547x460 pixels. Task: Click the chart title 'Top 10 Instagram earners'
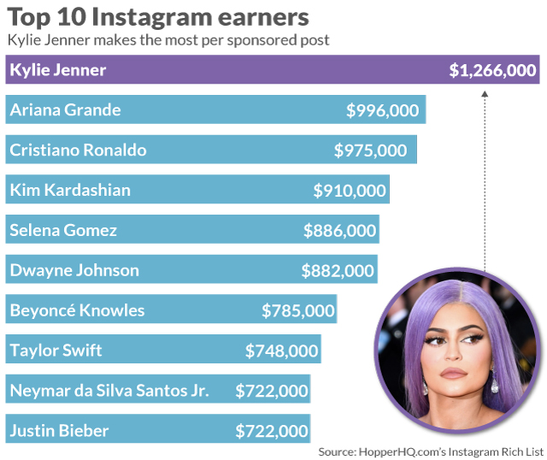[158, 17]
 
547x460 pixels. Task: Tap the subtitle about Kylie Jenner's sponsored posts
[168, 40]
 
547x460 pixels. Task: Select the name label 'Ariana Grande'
[65, 110]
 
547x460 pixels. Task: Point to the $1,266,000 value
[493, 70]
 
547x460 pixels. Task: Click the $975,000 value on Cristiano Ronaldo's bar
[371, 150]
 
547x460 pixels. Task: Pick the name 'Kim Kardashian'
[70, 190]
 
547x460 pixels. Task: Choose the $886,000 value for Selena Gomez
[339, 230]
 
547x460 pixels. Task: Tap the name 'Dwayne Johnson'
[74, 270]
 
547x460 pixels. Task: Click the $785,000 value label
[298, 310]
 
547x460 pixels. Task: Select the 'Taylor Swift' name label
[56, 351]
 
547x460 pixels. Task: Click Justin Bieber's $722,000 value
[272, 431]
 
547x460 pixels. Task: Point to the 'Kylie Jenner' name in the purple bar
[58, 70]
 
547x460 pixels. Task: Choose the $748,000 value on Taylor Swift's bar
[282, 351]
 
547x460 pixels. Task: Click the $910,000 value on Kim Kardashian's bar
[350, 190]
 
